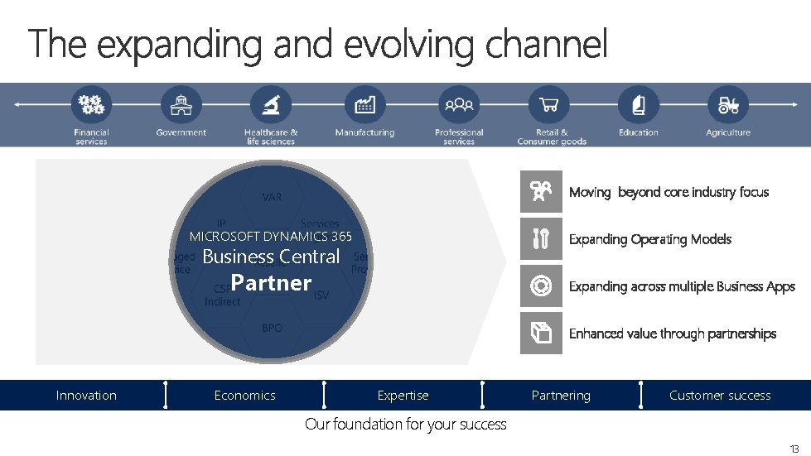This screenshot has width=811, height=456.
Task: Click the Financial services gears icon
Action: (91, 105)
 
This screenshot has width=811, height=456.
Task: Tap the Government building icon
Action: (181, 105)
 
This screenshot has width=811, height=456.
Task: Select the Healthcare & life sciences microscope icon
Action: (271, 105)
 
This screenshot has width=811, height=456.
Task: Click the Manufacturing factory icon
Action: (364, 105)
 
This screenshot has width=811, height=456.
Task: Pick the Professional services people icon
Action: (459, 105)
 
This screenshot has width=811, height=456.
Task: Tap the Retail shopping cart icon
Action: (548, 105)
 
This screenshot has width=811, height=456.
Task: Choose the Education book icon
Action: (638, 105)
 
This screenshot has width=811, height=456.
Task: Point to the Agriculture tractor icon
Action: (728, 105)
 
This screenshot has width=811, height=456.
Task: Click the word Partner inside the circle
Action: (271, 283)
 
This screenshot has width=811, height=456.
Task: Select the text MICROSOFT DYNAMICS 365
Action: (271, 237)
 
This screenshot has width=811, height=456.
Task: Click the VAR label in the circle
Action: (272, 197)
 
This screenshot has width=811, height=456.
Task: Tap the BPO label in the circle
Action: (272, 329)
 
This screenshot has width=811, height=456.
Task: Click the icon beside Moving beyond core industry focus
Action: (541, 192)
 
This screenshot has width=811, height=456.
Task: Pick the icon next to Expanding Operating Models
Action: (541, 239)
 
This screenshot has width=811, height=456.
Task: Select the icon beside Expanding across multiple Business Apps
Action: (541, 286)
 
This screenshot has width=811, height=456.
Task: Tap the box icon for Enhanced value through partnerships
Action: (541, 334)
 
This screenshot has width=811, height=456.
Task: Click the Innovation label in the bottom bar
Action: (86, 396)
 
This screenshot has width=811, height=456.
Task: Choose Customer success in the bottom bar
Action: (720, 396)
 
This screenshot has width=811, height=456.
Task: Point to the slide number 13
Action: (794, 449)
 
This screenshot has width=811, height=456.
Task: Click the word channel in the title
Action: (547, 45)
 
